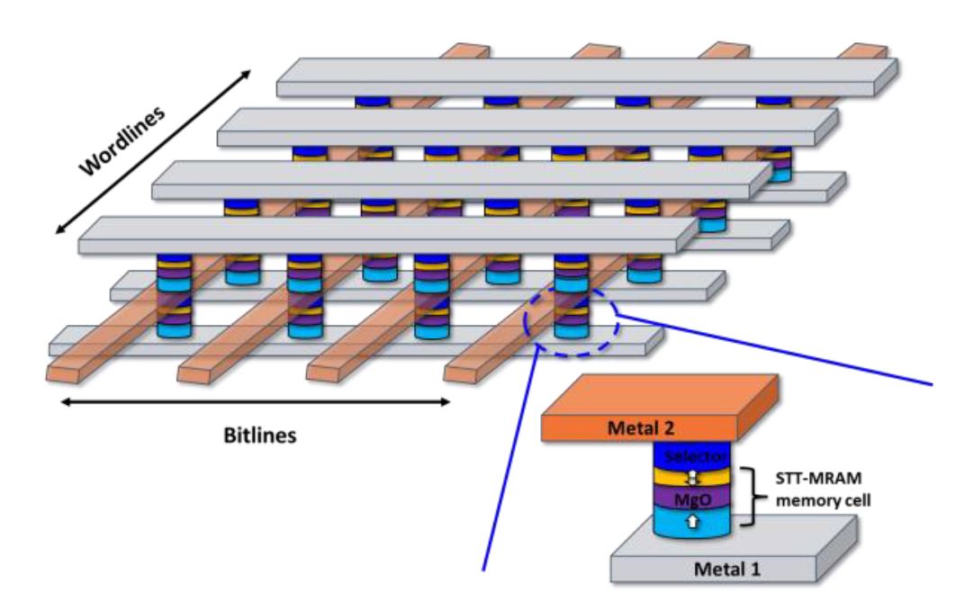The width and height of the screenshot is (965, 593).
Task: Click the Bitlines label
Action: [260, 435]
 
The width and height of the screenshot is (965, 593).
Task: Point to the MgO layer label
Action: [698, 495]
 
